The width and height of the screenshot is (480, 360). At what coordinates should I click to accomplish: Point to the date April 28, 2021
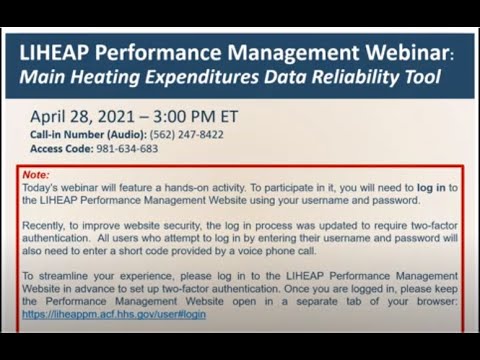(x=93, y=116)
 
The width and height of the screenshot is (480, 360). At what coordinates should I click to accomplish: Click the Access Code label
(x=63, y=148)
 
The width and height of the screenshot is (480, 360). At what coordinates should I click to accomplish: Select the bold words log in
(x=433, y=187)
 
